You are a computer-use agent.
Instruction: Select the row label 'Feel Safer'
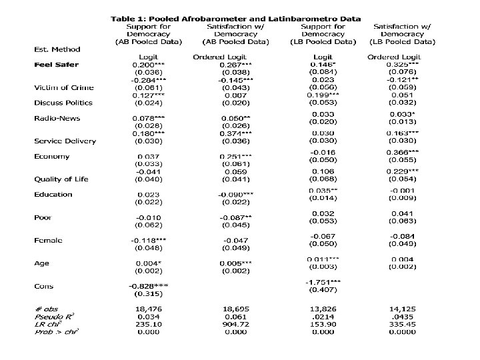pos(57,65)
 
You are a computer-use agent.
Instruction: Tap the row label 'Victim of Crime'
pos(64,87)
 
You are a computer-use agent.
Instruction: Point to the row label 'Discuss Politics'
pos(63,103)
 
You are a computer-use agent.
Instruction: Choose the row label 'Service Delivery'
pos(65,141)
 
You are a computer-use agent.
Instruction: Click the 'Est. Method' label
pos(57,49)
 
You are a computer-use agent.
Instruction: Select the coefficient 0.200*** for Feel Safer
pos(149,65)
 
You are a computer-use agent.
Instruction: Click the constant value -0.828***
pos(149,286)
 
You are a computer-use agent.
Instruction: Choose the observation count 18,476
pos(149,309)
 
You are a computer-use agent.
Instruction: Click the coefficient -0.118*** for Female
pos(149,240)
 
